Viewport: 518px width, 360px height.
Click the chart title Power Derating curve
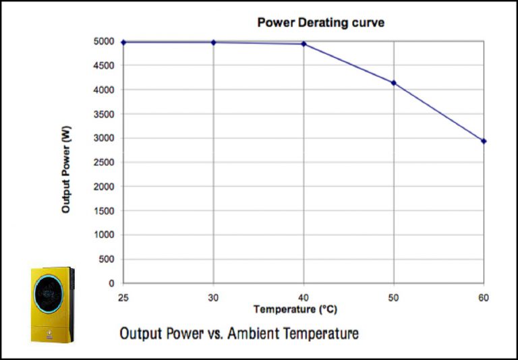[320, 23]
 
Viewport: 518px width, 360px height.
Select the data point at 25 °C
[123, 42]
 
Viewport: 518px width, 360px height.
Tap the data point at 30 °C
[214, 42]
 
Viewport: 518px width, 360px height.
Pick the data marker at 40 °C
[304, 44]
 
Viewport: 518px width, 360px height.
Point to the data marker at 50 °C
[394, 83]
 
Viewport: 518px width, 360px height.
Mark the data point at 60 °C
[484, 141]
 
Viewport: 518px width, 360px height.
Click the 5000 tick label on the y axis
[103, 42]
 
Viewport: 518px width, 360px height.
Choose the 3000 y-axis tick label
[103, 138]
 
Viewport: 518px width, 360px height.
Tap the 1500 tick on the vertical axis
[103, 211]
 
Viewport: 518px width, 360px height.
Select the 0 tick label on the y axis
[111, 284]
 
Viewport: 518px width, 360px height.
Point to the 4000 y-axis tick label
[103, 90]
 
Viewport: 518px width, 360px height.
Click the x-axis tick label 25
[123, 297]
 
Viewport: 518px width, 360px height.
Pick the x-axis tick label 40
[304, 297]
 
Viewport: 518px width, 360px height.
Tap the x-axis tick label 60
[484, 297]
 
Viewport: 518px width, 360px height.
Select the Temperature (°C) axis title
[295, 309]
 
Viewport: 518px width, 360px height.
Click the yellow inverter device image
[52, 304]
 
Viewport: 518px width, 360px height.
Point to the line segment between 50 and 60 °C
[438, 112]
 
